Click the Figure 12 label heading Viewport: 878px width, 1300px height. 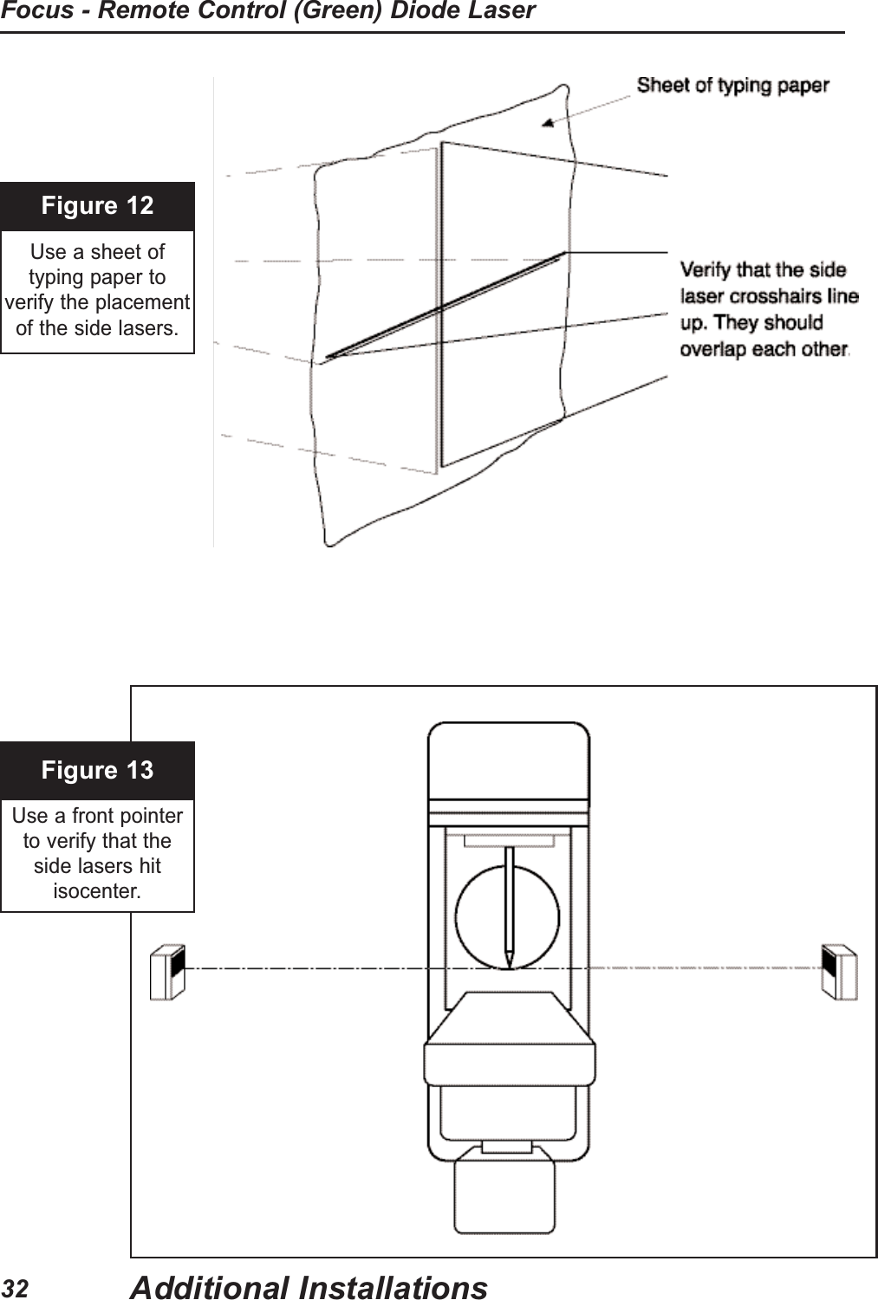(97, 206)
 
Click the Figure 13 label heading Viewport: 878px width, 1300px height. (97, 770)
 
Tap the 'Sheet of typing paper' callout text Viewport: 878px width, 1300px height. (732, 86)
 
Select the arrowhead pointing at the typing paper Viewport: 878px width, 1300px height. (549, 124)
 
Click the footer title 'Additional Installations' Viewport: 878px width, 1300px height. (309, 1287)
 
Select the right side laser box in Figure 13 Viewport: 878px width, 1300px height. (839, 972)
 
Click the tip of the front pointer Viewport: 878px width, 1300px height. (509, 963)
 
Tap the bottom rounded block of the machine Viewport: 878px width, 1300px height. (504, 1194)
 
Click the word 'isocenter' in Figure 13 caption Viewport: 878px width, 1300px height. (96, 891)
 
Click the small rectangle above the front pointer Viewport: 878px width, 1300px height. (509, 840)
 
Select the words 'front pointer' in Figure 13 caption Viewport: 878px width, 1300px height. (126, 816)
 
